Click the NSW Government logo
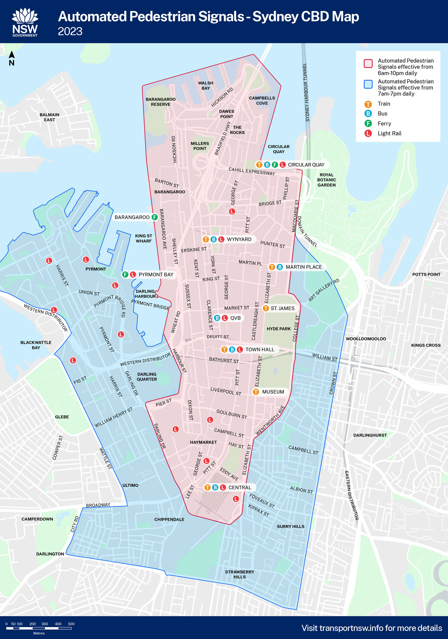(x=25, y=22)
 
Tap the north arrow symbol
(x=12, y=58)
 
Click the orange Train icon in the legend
(x=368, y=104)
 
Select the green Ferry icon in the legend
(x=368, y=123)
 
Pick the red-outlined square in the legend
(x=368, y=64)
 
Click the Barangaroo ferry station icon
(x=154, y=217)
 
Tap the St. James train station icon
(x=266, y=308)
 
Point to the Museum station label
(x=273, y=392)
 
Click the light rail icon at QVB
(x=225, y=318)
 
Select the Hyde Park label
(x=278, y=329)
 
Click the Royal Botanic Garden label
(x=326, y=180)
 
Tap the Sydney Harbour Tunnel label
(x=306, y=92)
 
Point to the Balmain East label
(x=49, y=117)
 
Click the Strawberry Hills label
(x=240, y=574)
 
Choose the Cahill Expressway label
(x=251, y=171)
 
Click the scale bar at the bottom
(x=39, y=628)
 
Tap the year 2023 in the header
(x=70, y=31)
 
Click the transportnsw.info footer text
(x=372, y=628)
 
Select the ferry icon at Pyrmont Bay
(x=125, y=274)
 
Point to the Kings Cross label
(x=426, y=345)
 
